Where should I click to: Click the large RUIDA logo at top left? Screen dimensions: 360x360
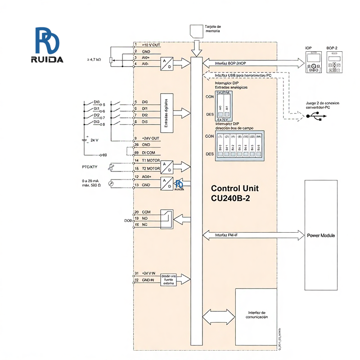pyautogui.click(x=49, y=45)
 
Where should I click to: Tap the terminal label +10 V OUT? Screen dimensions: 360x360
pyautogui.click(x=151, y=45)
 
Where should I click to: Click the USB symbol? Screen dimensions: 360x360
pyautogui.click(x=315, y=115)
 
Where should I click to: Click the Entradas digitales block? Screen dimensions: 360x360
pyautogui.click(x=167, y=113)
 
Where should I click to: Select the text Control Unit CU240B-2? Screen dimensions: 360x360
pyautogui.click(x=234, y=193)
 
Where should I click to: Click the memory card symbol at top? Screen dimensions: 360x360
pyautogui.click(x=196, y=31)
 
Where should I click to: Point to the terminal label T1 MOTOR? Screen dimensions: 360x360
pyautogui.click(x=151, y=161)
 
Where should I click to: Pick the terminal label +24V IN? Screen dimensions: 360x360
pyautogui.click(x=148, y=273)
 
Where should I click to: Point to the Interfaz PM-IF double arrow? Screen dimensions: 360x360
pyautogui.click(x=254, y=234)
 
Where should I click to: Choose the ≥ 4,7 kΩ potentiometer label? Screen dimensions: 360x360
pyautogui.click(x=94, y=59)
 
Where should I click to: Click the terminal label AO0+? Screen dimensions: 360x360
pyautogui.click(x=148, y=177)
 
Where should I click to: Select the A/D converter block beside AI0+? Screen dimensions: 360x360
pyautogui.click(x=167, y=63)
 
